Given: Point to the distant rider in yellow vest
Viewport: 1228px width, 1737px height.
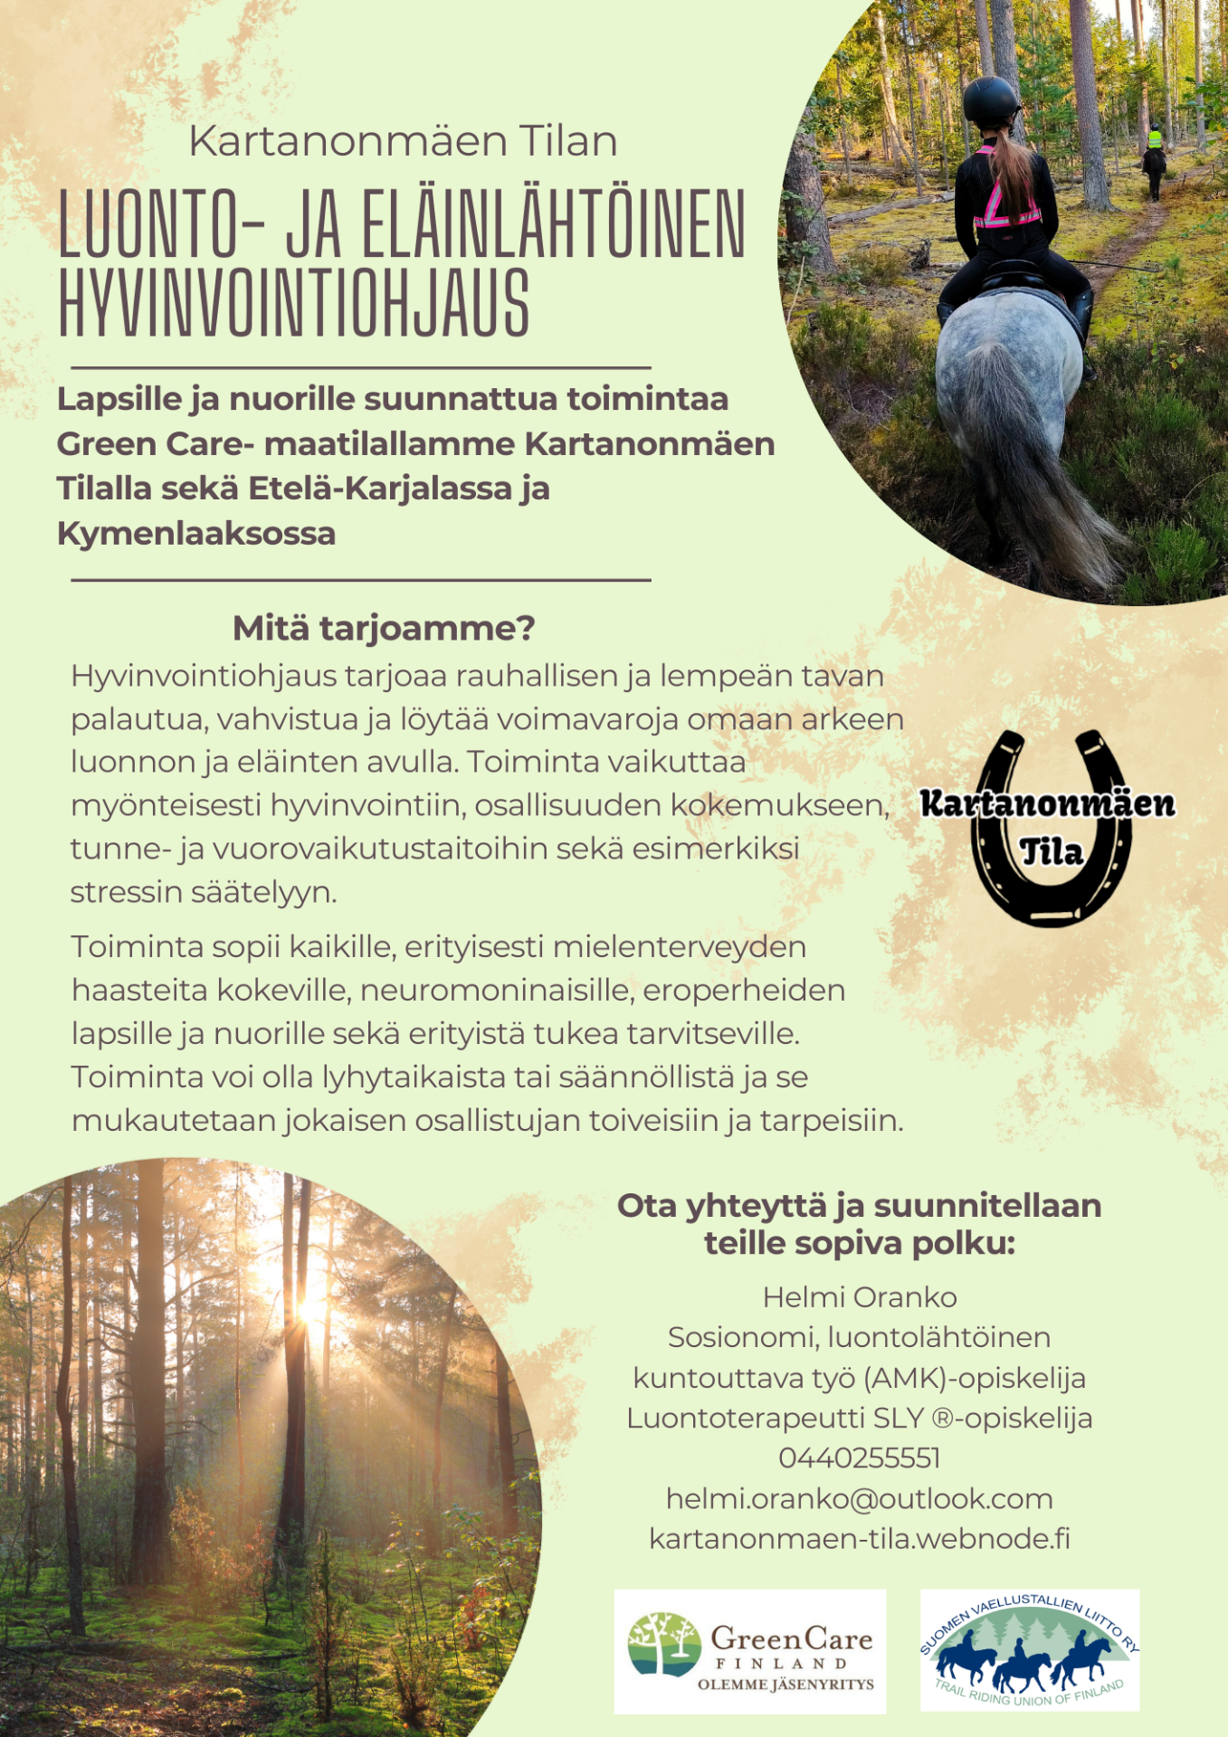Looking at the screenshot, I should [1154, 142].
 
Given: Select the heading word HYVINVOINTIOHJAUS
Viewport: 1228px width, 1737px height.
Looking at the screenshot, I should [294, 304].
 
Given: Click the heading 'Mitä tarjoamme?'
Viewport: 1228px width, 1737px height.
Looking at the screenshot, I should [384, 628].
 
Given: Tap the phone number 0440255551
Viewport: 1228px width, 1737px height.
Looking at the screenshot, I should [859, 1457].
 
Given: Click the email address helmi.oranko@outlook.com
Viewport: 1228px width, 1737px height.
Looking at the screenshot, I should [859, 1498].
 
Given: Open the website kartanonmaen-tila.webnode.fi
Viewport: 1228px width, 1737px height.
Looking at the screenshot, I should [859, 1538].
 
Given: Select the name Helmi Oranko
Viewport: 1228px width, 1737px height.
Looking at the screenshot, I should [859, 1296].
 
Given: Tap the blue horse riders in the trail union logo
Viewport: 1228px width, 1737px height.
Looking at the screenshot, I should [1023, 1660].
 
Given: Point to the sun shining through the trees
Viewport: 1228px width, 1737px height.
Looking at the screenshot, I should [310, 1307].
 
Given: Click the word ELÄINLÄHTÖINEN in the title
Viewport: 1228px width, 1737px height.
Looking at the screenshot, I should [554, 224].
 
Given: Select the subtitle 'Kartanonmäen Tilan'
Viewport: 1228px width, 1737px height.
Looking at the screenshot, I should [403, 141].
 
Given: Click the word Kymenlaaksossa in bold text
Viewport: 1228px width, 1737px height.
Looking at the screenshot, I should [196, 534].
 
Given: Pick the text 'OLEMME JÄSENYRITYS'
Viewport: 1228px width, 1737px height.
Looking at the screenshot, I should [785, 1685].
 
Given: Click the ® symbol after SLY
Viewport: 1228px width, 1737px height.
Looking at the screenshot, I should [941, 1419].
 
